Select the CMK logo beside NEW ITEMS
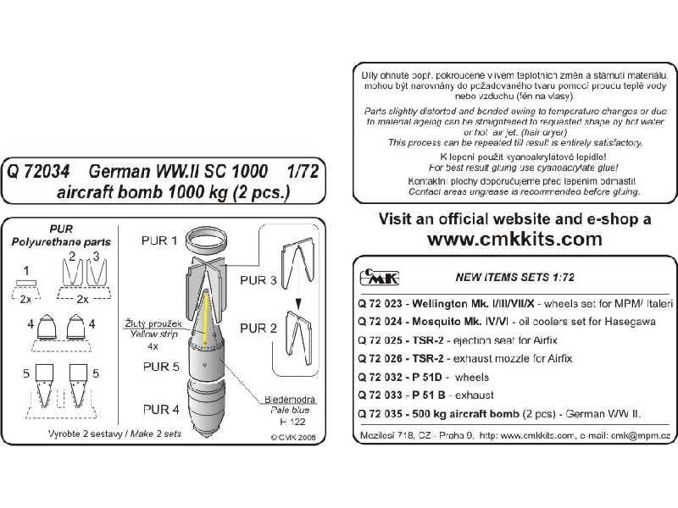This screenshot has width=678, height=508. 374,275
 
